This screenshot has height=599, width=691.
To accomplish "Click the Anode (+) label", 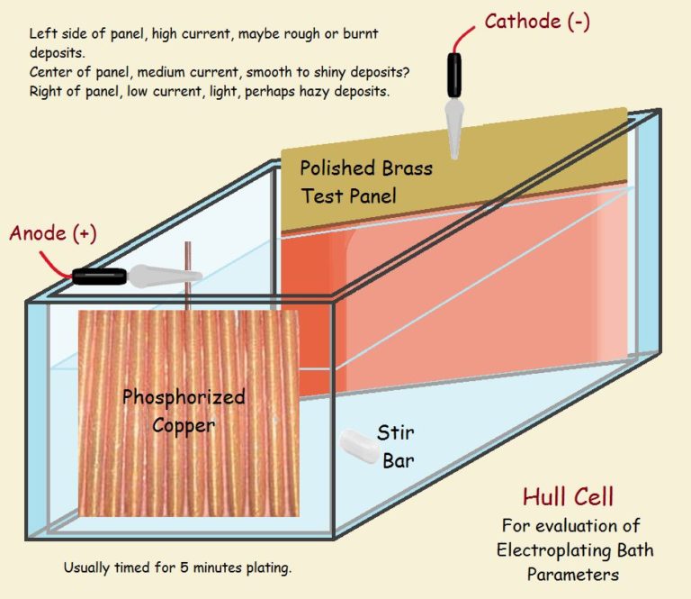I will tap(52, 233).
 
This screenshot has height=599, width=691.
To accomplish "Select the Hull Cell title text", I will tap(569, 497).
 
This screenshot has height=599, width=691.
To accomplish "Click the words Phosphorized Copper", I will tap(183, 410).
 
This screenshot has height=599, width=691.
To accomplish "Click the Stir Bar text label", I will tap(396, 449).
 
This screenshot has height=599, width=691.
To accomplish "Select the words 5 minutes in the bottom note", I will tap(203, 568).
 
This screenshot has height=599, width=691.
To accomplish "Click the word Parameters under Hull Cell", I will tap(575, 571).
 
